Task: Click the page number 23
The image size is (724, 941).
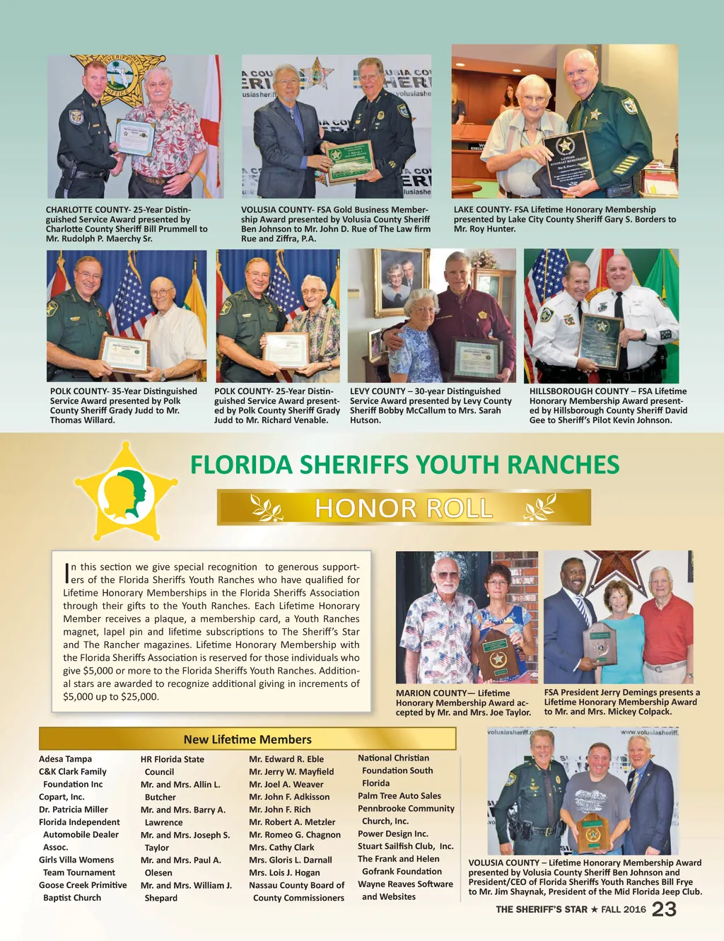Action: click(x=664, y=909)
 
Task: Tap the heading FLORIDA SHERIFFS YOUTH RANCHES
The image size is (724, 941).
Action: click(x=404, y=465)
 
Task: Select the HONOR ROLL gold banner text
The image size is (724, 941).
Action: click(x=404, y=508)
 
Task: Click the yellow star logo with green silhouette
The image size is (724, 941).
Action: click(x=127, y=492)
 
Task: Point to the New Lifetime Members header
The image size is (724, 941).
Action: click(x=247, y=739)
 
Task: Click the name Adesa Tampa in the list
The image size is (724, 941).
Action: click(x=65, y=759)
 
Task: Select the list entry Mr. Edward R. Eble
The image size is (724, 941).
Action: click(x=286, y=759)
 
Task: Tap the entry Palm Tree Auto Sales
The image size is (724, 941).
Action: click(x=399, y=796)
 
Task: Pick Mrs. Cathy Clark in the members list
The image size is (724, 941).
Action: click(x=281, y=848)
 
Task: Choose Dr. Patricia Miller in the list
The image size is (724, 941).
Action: click(x=74, y=809)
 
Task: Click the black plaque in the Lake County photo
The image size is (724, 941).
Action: click(x=567, y=159)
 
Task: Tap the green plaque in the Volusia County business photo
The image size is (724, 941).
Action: click(x=349, y=161)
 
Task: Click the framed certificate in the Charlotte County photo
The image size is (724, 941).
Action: click(x=135, y=137)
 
